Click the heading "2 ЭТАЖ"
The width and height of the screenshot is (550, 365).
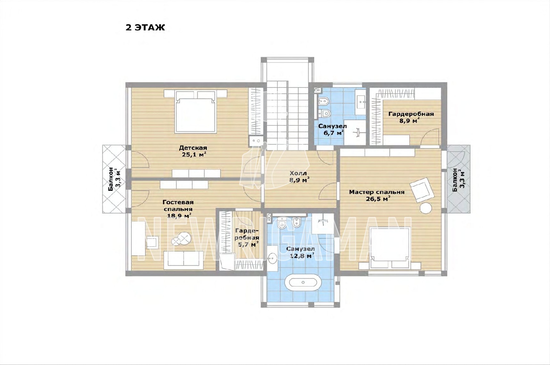pyautogui.click(x=145, y=28)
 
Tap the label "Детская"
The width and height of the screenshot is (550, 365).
pyautogui.click(x=193, y=148)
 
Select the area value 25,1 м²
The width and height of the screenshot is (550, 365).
pyautogui.click(x=194, y=155)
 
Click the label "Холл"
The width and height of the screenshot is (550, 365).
pyautogui.click(x=298, y=173)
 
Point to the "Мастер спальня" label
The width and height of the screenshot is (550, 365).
pyautogui.click(x=377, y=192)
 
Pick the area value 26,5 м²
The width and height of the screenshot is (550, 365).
pyautogui.click(x=378, y=199)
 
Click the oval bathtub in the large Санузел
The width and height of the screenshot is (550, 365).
pyautogui.click(x=303, y=282)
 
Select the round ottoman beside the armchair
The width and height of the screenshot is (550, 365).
pyautogui.click(x=426, y=208)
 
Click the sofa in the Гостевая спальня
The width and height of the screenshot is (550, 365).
pyautogui.click(x=184, y=260)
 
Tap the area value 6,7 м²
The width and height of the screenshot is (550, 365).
pyautogui.click(x=333, y=133)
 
